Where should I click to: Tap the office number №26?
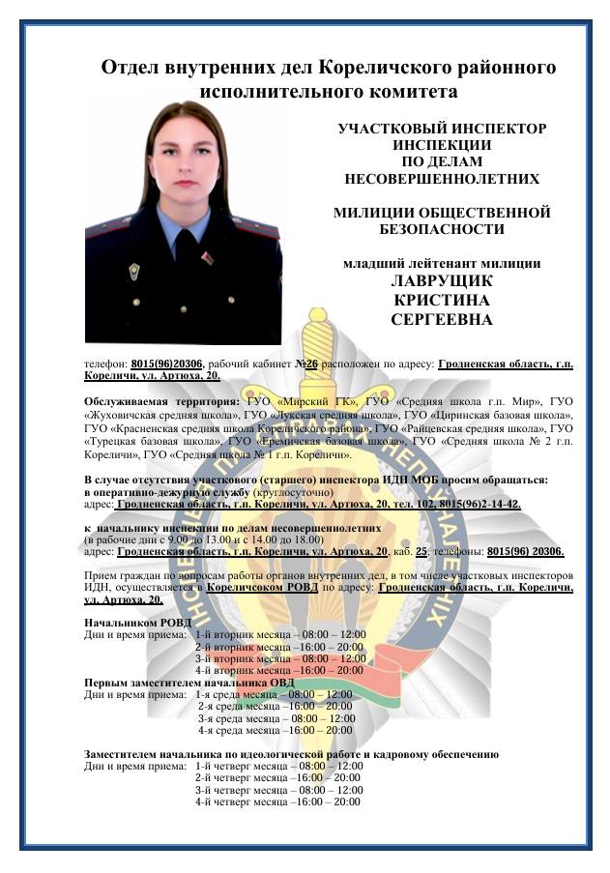[x=310, y=364]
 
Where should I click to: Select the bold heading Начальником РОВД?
[x=137, y=623]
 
